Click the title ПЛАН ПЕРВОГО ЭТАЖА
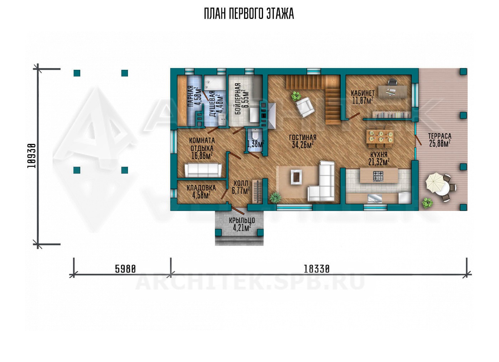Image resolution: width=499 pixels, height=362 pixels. point(249,14)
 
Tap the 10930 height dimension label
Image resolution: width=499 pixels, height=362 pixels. point(31,156)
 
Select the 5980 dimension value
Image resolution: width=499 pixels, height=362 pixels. point(125,269)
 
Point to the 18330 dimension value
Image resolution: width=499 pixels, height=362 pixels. point(317,269)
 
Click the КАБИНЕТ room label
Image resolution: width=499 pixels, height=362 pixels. point(363,93)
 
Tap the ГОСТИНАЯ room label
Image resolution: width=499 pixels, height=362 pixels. point(303,138)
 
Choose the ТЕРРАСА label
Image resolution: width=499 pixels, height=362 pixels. point(440,136)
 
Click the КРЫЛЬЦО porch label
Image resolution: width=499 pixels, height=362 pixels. point(242,220)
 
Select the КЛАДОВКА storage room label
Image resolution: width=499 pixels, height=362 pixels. point(201,188)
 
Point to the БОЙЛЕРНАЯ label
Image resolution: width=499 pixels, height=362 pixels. point(238,99)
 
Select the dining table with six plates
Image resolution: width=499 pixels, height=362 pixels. point(380,137)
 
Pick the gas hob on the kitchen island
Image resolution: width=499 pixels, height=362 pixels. point(378,176)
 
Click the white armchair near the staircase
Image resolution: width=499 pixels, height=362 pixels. point(305,108)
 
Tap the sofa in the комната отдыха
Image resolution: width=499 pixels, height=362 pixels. point(203,170)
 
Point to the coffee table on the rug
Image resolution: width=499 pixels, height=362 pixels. point(296,177)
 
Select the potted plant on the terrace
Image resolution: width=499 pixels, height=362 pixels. point(427,203)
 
